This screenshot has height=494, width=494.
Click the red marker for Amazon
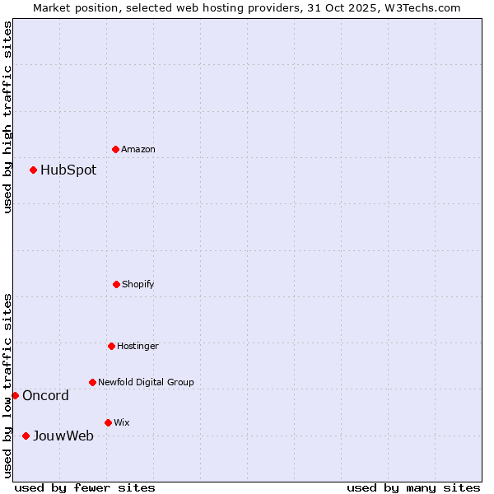(x=115, y=149)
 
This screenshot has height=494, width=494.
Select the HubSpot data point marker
(x=33, y=170)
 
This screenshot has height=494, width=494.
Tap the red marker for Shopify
(x=116, y=284)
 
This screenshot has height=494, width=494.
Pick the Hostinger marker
(x=111, y=346)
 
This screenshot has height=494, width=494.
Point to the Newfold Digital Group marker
(x=92, y=382)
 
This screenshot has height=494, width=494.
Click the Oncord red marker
(x=15, y=395)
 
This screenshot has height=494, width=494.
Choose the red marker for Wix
(x=108, y=422)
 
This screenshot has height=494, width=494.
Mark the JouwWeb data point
(x=26, y=436)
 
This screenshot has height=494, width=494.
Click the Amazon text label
(x=138, y=149)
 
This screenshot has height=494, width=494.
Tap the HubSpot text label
(x=68, y=170)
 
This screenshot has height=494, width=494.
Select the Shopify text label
(x=138, y=284)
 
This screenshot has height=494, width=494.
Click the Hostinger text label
(x=137, y=346)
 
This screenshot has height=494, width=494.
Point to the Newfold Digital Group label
(x=146, y=382)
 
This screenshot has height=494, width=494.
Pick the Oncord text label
(x=45, y=396)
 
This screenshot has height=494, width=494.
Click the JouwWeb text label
(x=63, y=436)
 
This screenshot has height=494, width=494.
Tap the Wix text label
(x=122, y=422)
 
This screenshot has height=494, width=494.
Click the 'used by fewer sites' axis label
(x=85, y=487)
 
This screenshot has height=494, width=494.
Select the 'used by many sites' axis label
(x=413, y=487)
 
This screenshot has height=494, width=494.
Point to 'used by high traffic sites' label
(x=7, y=117)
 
